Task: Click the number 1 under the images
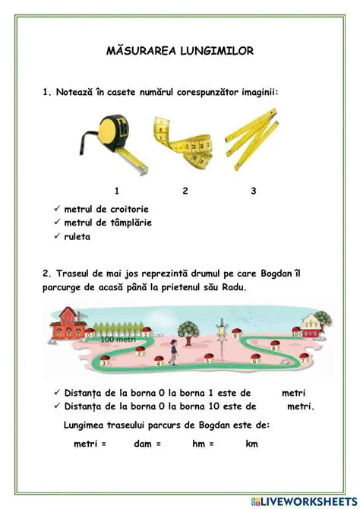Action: pyautogui.click(x=116, y=191)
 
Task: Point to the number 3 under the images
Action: pyautogui.click(x=253, y=191)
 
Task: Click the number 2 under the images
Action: pyautogui.click(x=185, y=191)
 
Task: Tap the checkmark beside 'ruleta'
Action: pyautogui.click(x=58, y=236)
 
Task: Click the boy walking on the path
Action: pyautogui.click(x=174, y=350)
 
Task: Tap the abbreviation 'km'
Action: pyautogui.click(x=251, y=444)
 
